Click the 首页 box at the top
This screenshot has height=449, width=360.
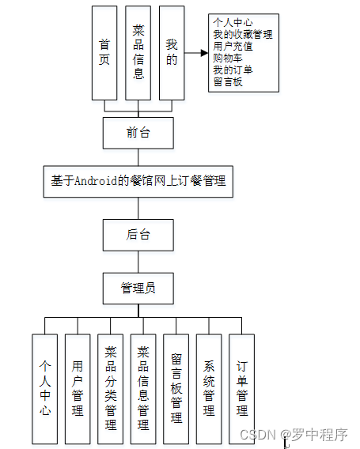click(104, 52)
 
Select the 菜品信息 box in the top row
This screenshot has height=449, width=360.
click(138, 52)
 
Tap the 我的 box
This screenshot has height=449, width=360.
click(172, 52)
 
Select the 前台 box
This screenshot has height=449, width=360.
click(138, 133)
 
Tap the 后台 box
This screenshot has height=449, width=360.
click(138, 235)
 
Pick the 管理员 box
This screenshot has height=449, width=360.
click(138, 288)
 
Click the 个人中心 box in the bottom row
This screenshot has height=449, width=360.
click(45, 388)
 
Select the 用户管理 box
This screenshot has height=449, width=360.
click(78, 388)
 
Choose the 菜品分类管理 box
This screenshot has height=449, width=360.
click(110, 388)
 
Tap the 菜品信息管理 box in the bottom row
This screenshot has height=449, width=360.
click(143, 388)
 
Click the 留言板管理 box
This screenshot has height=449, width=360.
click(176, 388)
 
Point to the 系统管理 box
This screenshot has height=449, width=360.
click(209, 388)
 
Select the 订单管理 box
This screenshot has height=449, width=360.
click(241, 388)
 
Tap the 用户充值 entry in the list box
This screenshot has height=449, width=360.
click(233, 46)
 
